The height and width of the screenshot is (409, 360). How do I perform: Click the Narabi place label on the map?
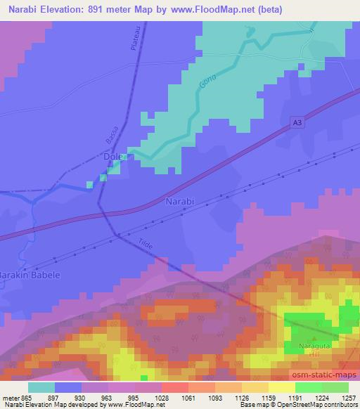coord(179,202)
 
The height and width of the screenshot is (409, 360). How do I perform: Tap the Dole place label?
coord(113,158)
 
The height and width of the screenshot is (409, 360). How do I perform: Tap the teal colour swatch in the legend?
coord(41,387)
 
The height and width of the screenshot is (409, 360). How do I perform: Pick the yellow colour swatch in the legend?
coord(282,387)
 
